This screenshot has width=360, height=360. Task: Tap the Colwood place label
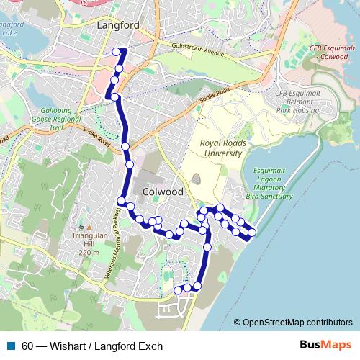click(x=163, y=193)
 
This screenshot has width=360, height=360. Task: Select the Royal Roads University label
click(x=222, y=148)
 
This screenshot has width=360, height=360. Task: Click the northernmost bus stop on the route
click(x=116, y=51)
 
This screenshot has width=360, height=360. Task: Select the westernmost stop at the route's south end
click(x=179, y=290)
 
